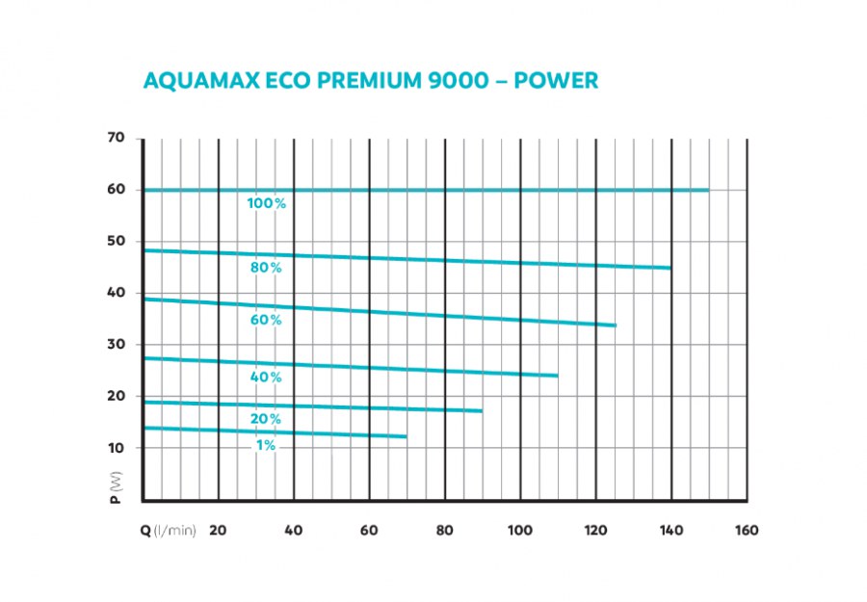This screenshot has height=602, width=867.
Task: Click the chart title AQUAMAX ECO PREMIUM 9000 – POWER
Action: click(371, 80)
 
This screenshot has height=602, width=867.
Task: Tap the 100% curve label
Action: click(266, 203)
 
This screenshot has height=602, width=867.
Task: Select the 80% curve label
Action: click(266, 268)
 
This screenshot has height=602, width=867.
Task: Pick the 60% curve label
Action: click(266, 320)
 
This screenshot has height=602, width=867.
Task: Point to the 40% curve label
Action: click(266, 377)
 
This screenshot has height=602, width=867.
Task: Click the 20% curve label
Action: click(266, 419)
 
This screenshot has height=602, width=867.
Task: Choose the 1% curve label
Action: click(266, 445)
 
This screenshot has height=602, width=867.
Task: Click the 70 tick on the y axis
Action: click(116, 138)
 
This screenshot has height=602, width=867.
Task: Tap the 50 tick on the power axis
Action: click(116, 241)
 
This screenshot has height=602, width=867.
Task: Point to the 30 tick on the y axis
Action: click(116, 345)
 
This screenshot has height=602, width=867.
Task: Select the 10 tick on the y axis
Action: click(116, 448)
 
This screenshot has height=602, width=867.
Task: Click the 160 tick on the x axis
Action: click(746, 530)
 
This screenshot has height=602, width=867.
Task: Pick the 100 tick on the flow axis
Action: click(520, 530)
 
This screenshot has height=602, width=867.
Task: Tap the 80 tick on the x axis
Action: click(444, 530)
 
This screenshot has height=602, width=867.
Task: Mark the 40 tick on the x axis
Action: click(294, 530)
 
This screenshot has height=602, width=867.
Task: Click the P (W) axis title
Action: click(116, 486)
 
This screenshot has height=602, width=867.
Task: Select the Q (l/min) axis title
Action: click(169, 530)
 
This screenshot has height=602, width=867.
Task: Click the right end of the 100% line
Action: click(708, 190)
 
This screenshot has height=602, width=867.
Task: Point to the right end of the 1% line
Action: click(407, 436)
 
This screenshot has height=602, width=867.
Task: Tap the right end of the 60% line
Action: click(615, 326)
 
